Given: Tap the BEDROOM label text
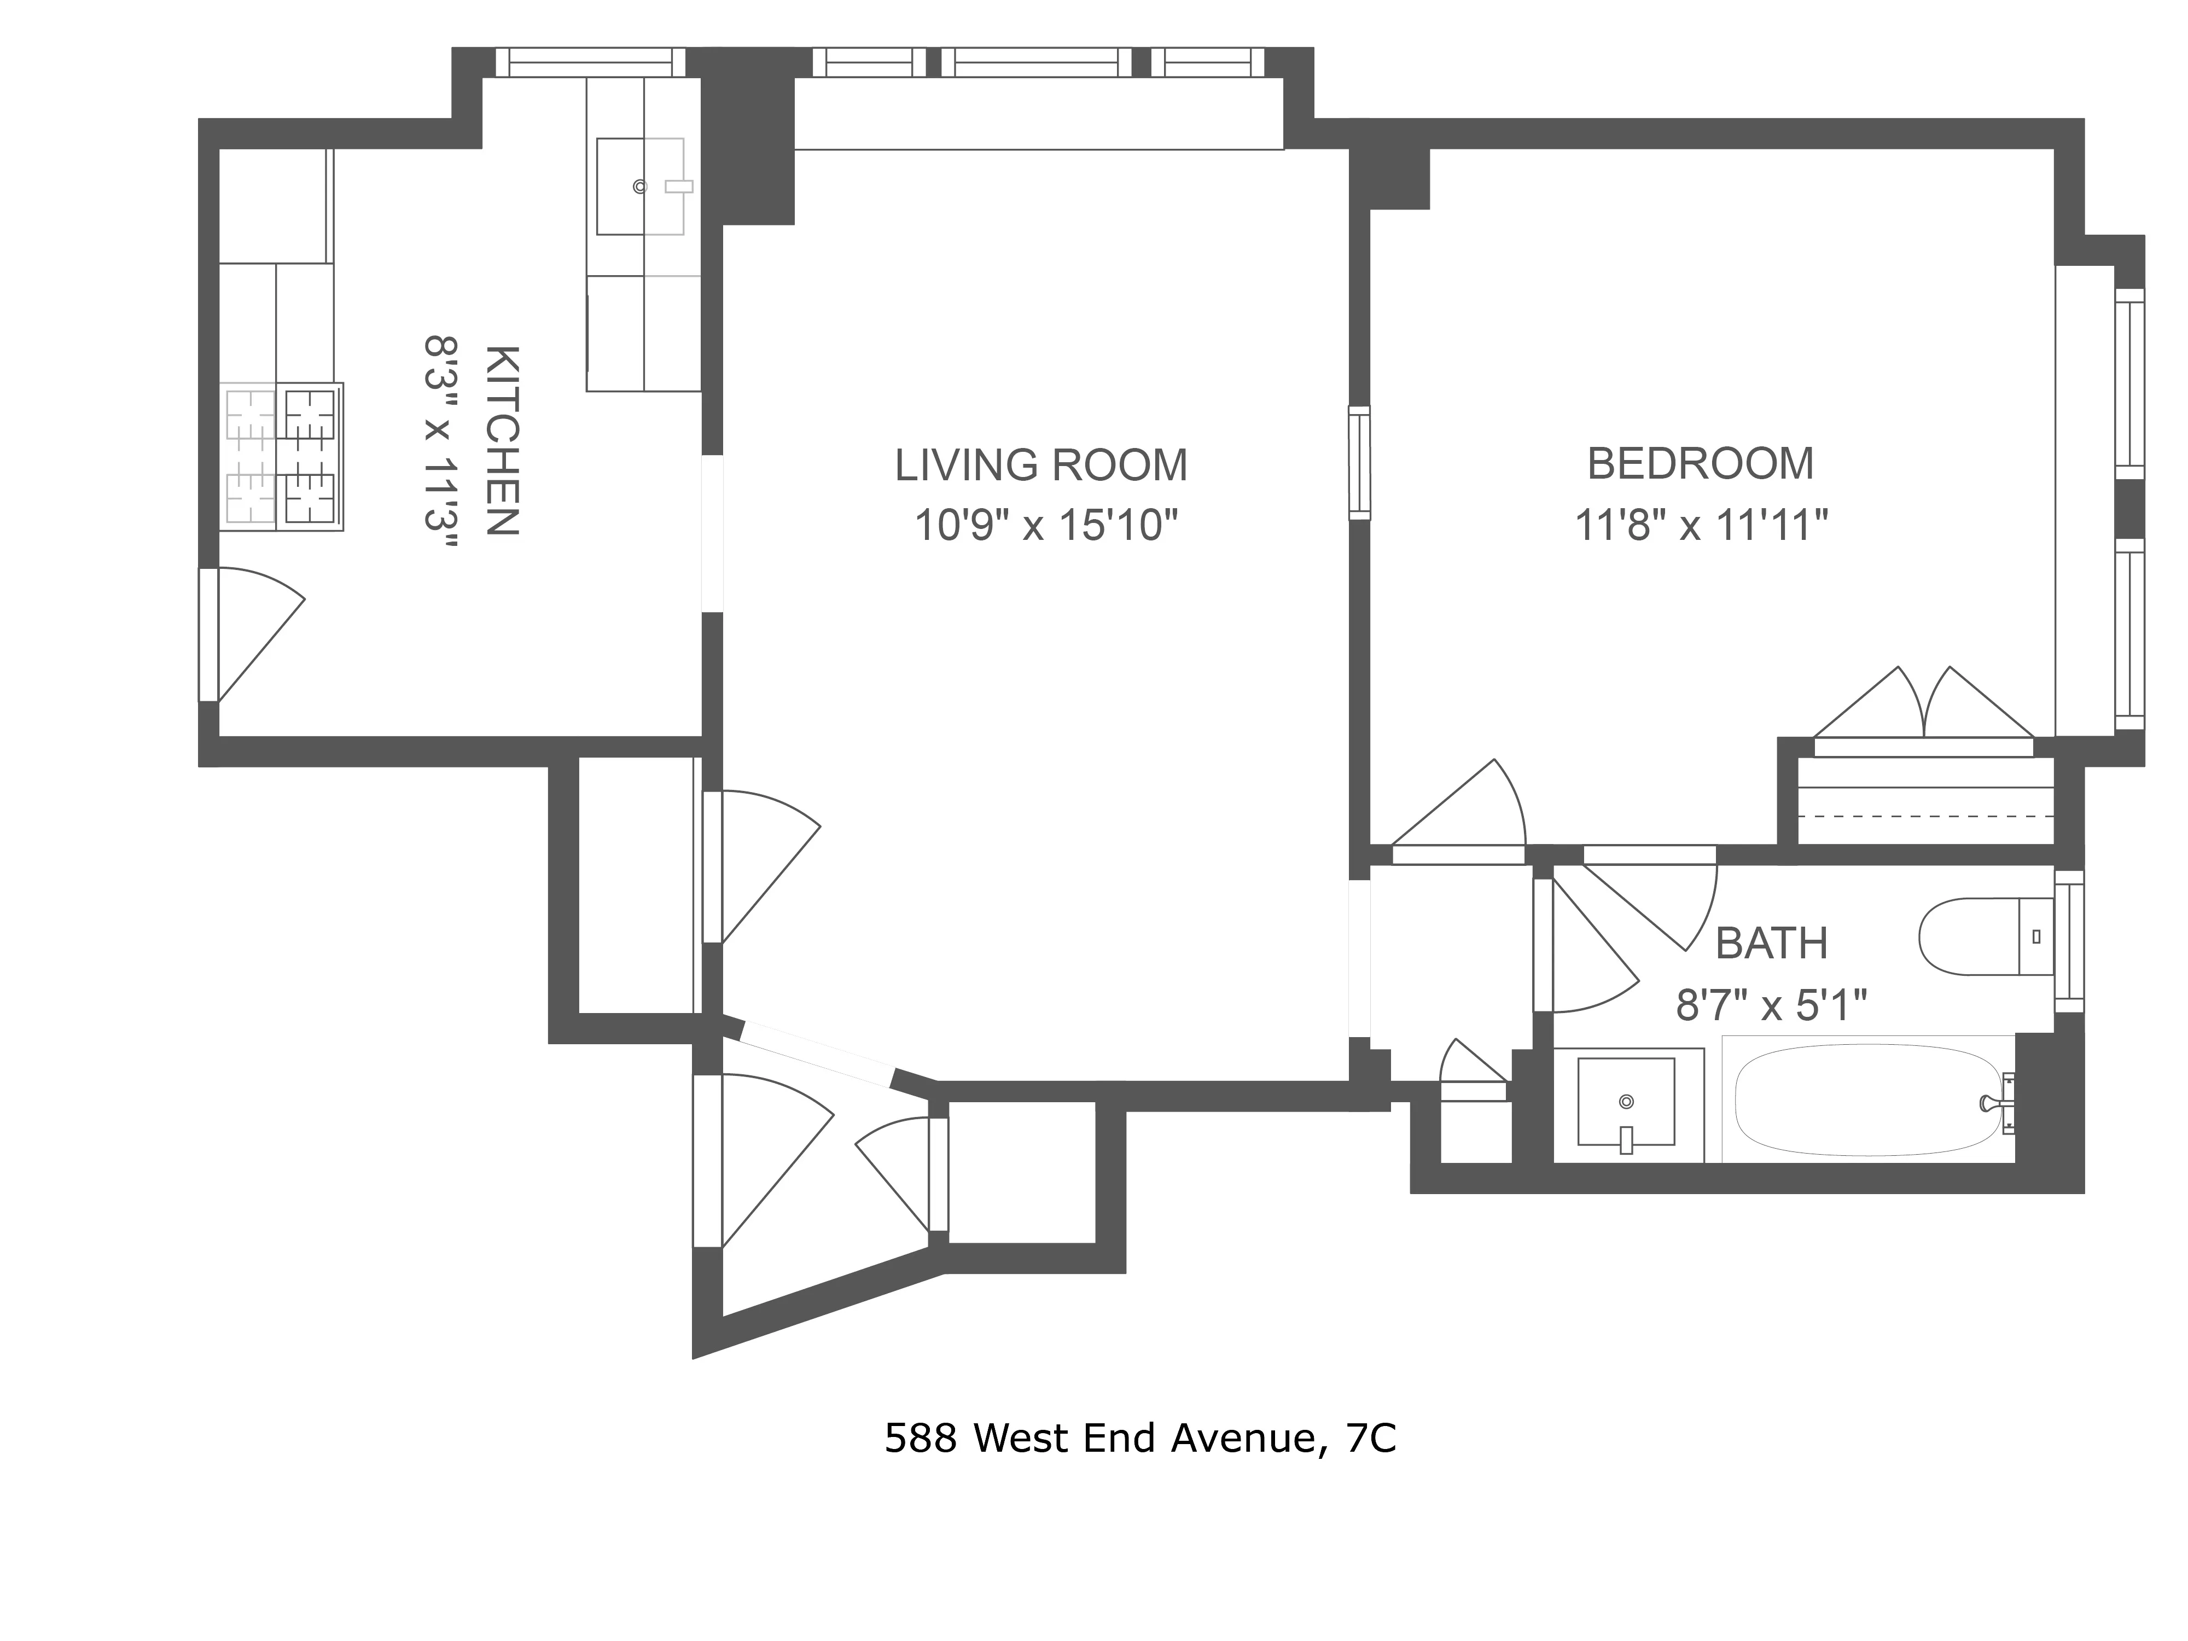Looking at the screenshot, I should [x=1700, y=464].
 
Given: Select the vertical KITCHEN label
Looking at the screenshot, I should [x=502, y=441].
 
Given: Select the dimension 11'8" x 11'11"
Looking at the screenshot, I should [x=1700, y=525].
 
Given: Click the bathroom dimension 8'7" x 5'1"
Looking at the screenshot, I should [x=1771, y=1006].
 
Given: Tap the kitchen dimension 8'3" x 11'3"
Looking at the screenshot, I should [x=441, y=447].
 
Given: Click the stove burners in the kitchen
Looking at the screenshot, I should [x=282, y=456].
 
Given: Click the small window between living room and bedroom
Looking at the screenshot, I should [x=1360, y=463].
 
